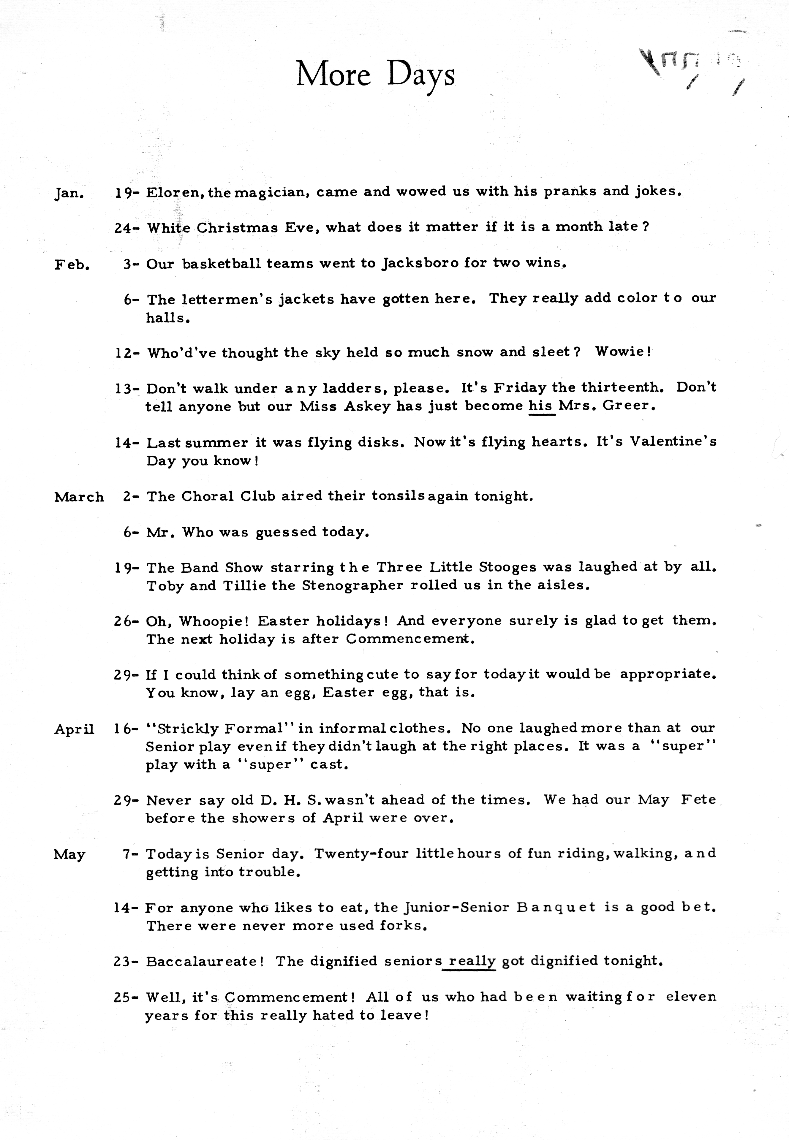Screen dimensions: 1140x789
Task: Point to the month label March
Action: click(x=79, y=497)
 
